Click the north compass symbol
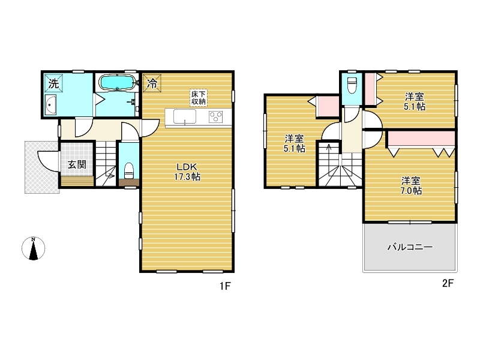(x=34, y=248)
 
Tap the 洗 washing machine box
(x=53, y=83)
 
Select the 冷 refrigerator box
(x=152, y=83)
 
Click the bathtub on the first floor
(x=117, y=82)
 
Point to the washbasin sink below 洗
(x=50, y=104)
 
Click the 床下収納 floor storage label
(x=199, y=98)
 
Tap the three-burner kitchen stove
(x=216, y=117)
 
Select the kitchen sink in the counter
(x=185, y=116)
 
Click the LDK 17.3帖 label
(x=187, y=172)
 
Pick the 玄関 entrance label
(x=77, y=164)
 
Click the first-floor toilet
(x=129, y=170)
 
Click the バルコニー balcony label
(x=410, y=247)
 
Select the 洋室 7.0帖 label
(x=411, y=186)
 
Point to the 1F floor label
(x=224, y=286)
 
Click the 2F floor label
(x=448, y=283)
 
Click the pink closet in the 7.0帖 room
(x=422, y=139)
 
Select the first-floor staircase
(x=106, y=164)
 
